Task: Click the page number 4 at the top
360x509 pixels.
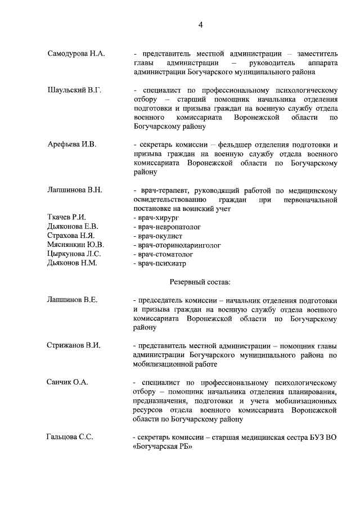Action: coord(200,24)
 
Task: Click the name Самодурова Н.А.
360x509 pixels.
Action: coord(76,53)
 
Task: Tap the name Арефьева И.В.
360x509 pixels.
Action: coord(72,145)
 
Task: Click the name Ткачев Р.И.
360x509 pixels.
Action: coord(66,218)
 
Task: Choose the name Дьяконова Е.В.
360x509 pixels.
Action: coord(73,227)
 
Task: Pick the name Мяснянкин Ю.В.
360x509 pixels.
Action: coord(75,245)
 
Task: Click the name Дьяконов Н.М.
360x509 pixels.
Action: coord(73,263)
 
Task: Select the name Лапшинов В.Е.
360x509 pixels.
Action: coord(73,299)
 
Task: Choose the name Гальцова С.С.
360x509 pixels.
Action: coord(70,436)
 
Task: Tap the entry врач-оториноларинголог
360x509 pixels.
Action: coord(177,245)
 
